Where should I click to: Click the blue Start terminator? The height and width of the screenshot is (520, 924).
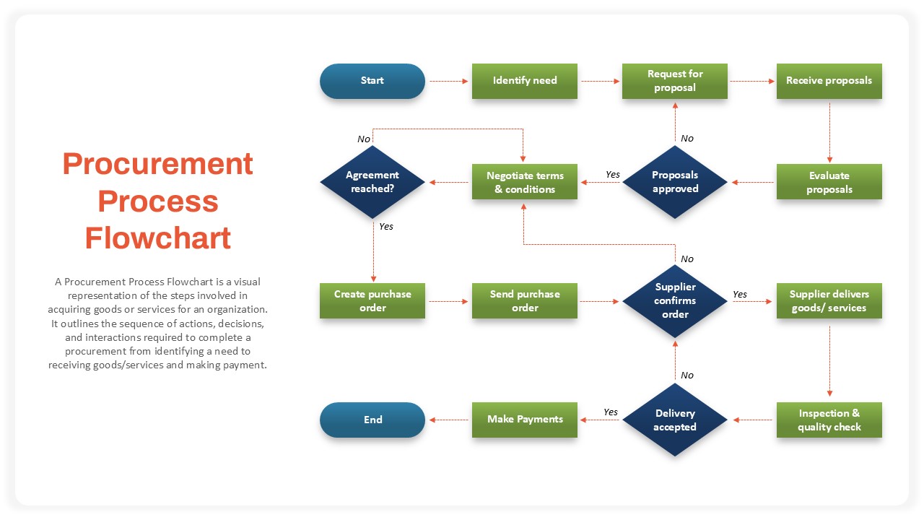click(372, 81)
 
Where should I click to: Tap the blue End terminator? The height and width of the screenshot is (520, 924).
click(372, 420)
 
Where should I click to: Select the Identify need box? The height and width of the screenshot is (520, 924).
click(525, 81)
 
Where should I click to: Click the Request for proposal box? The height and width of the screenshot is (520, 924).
click(675, 81)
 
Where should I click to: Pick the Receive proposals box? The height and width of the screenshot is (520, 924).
click(829, 81)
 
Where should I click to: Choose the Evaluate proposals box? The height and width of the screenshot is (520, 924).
click(829, 182)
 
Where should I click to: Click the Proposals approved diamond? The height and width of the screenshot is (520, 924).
click(675, 182)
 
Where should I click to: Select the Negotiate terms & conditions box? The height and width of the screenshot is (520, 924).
click(525, 182)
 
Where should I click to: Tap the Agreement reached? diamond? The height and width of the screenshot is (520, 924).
click(372, 182)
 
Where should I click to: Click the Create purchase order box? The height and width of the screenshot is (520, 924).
click(372, 300)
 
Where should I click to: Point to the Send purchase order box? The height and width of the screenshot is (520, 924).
click(525, 300)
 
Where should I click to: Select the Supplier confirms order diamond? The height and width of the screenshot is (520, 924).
click(675, 300)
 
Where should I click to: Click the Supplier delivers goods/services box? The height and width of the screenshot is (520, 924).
click(829, 300)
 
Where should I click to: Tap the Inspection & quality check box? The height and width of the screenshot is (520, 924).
click(829, 420)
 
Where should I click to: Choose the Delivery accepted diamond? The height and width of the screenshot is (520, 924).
click(675, 420)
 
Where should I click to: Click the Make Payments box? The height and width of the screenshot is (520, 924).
click(525, 420)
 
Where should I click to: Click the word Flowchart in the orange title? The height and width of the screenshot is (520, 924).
click(158, 238)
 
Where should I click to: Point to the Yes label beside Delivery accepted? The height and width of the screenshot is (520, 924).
click(611, 412)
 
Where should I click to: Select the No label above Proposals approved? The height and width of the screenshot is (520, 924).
click(687, 138)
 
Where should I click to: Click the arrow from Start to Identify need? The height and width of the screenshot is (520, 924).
click(448, 82)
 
